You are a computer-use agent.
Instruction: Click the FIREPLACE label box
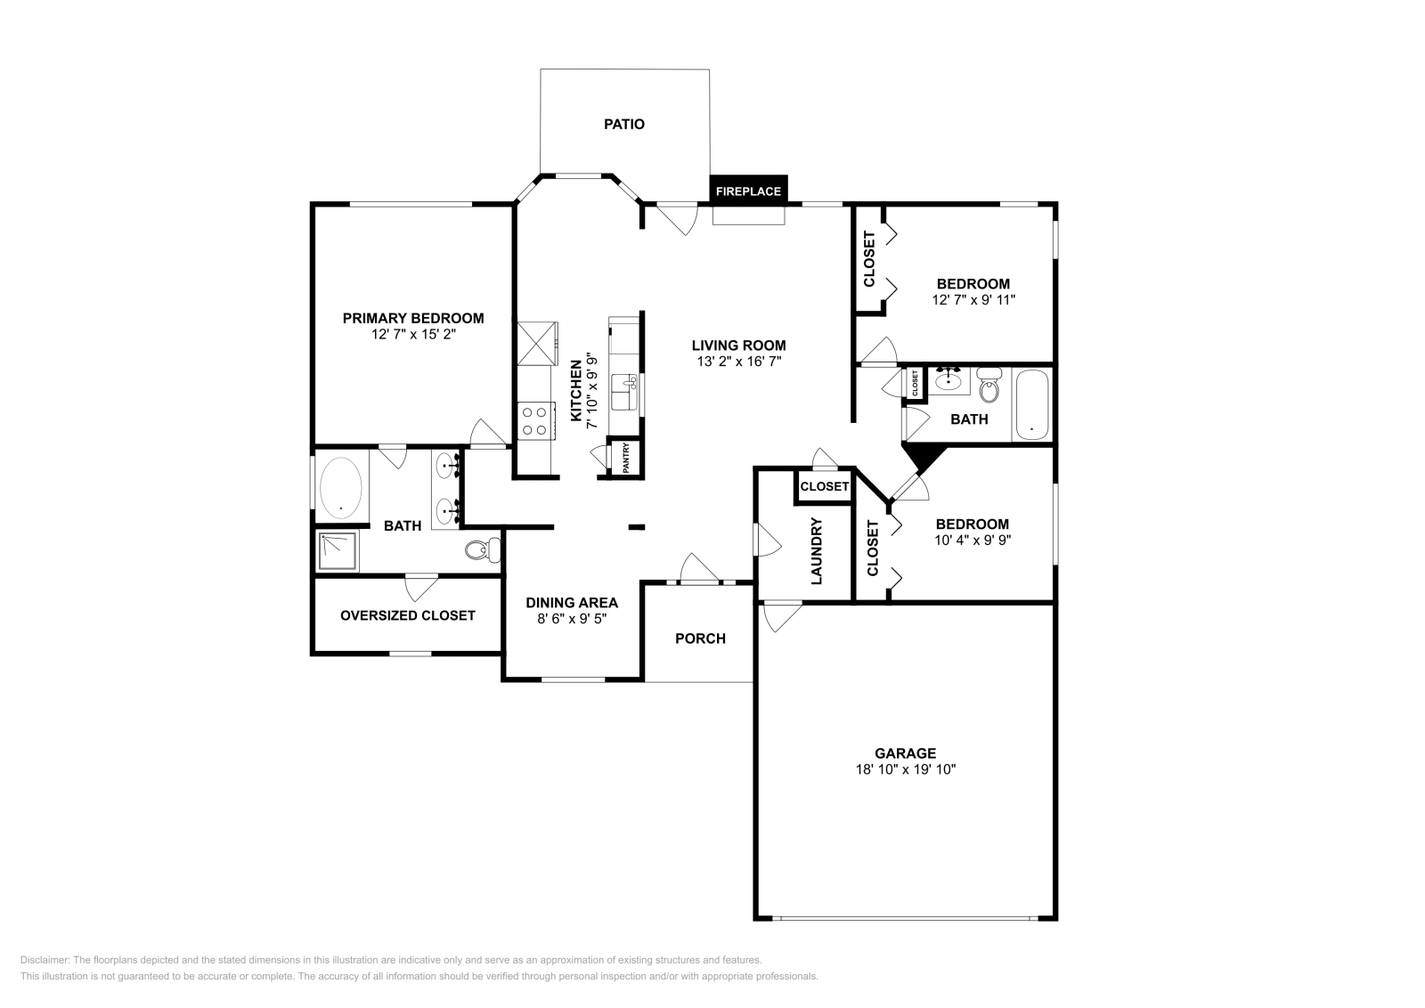coord(748,191)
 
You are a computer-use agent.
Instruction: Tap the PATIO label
coord(624,125)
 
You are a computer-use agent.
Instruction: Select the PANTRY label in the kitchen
coord(626,458)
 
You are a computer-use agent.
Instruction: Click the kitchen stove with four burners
coord(535,421)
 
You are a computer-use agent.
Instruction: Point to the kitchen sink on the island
coord(624,392)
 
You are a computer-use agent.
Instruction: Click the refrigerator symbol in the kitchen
coord(536,343)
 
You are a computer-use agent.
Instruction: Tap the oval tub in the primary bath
coord(341,488)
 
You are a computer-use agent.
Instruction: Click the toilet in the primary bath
coord(482,551)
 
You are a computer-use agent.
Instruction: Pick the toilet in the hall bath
coord(989,387)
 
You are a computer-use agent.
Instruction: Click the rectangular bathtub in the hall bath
coord(1031,405)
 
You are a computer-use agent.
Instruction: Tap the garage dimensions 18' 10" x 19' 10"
coord(905,769)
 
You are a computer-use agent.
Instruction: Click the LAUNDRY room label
coord(817,551)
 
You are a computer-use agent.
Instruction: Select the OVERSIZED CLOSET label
coord(408,615)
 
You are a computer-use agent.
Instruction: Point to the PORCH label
coord(700,638)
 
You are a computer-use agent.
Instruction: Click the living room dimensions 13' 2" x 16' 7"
coord(739,362)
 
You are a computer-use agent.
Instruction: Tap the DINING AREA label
coord(572,603)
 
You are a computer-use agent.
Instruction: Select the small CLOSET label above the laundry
coord(824,486)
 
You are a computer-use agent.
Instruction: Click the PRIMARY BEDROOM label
coord(413,318)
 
